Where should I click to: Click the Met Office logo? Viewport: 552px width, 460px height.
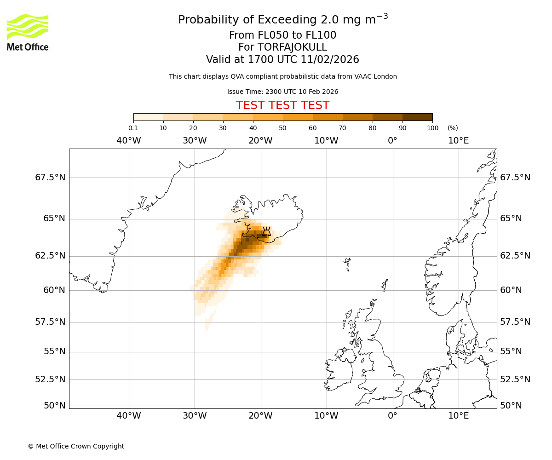pos(28,32)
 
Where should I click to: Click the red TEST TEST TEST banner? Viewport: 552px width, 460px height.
pos(282,105)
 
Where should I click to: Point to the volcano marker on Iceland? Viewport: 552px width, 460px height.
pos(266,231)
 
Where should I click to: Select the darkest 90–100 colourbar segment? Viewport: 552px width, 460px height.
pos(417,117)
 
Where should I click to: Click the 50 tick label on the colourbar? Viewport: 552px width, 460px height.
pos(282,128)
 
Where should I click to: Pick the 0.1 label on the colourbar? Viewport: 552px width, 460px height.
pos(133,128)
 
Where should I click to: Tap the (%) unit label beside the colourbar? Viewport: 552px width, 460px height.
pos(453,128)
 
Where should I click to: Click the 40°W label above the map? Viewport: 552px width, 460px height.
pos(129,141)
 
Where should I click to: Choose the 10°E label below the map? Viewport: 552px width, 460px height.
pos(459,416)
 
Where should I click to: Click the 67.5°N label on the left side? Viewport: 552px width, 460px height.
pos(50,178)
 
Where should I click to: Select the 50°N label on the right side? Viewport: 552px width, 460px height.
pos(511,406)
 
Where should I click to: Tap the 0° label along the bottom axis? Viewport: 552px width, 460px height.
pos(392,416)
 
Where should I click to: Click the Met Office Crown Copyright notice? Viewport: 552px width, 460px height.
pos(76,446)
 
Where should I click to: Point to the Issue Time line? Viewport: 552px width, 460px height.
pos(282,92)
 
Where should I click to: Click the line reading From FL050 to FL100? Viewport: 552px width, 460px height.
pos(282,35)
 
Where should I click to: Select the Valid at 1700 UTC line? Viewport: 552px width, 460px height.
pos(282,60)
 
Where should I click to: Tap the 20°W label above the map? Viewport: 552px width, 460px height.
pos(260,141)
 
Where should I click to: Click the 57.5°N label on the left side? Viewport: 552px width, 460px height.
pos(50,322)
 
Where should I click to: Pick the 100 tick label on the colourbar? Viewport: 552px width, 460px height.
pos(432,128)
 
